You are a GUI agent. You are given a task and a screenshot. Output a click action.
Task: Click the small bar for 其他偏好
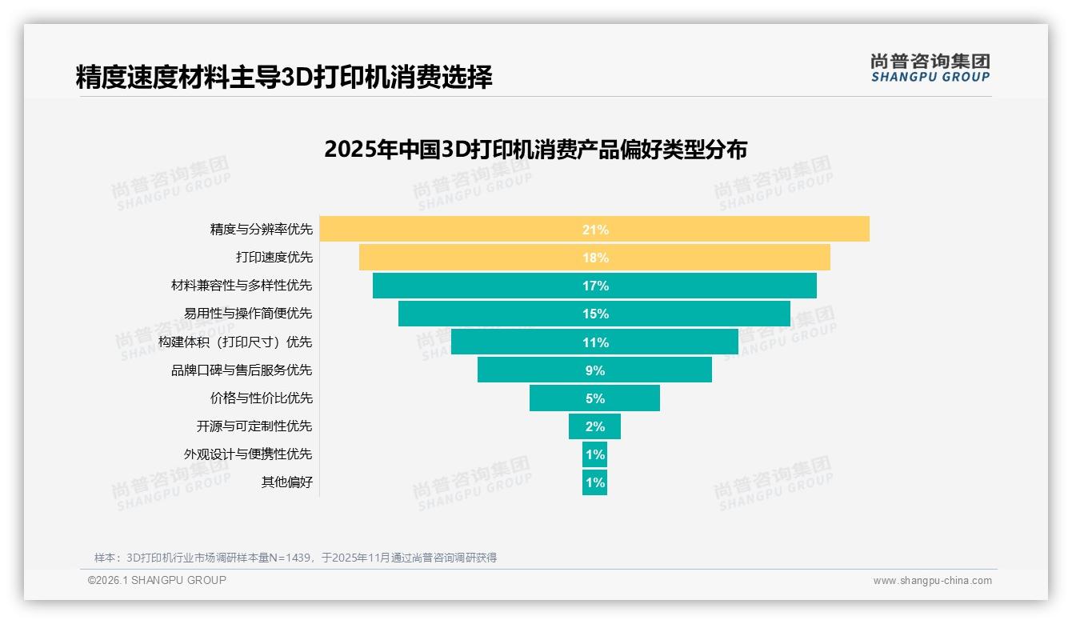[x=594, y=482]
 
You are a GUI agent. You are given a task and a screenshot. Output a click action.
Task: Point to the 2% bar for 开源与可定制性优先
[x=594, y=426]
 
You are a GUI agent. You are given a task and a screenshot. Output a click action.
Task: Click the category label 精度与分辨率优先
[x=261, y=230]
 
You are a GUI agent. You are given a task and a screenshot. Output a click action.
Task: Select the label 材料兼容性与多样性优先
[x=242, y=286]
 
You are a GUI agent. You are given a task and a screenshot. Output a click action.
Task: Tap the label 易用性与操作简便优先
[x=248, y=314]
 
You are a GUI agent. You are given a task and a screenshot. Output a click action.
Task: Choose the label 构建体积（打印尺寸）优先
[x=235, y=342]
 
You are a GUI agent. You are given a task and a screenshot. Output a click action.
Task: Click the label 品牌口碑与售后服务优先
[x=242, y=370]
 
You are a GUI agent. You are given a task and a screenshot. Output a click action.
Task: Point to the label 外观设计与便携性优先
[x=248, y=454]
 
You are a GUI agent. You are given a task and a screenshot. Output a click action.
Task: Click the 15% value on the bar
[x=595, y=314]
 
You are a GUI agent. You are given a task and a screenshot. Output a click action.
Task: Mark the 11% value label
[x=595, y=342]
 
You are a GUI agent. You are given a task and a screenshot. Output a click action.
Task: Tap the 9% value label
[x=595, y=370]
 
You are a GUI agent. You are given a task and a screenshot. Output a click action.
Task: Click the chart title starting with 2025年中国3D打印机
[x=535, y=150]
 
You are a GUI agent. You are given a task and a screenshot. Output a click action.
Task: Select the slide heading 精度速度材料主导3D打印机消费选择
[x=284, y=77]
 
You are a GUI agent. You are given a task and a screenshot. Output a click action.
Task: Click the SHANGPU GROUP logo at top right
[x=930, y=68]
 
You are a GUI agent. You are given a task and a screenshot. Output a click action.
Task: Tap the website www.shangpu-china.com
[x=932, y=581]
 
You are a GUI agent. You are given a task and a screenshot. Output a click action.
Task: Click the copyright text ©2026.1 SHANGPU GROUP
[x=157, y=580]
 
